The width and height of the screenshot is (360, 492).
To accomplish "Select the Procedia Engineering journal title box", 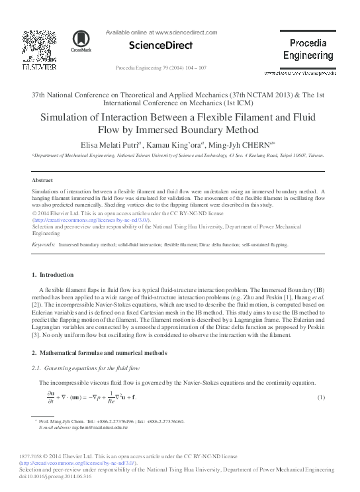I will (308, 49).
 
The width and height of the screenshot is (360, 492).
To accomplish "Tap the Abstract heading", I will (43, 180).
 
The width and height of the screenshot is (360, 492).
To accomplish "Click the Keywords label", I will (44, 244).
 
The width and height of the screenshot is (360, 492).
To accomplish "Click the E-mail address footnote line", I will (83, 427).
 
